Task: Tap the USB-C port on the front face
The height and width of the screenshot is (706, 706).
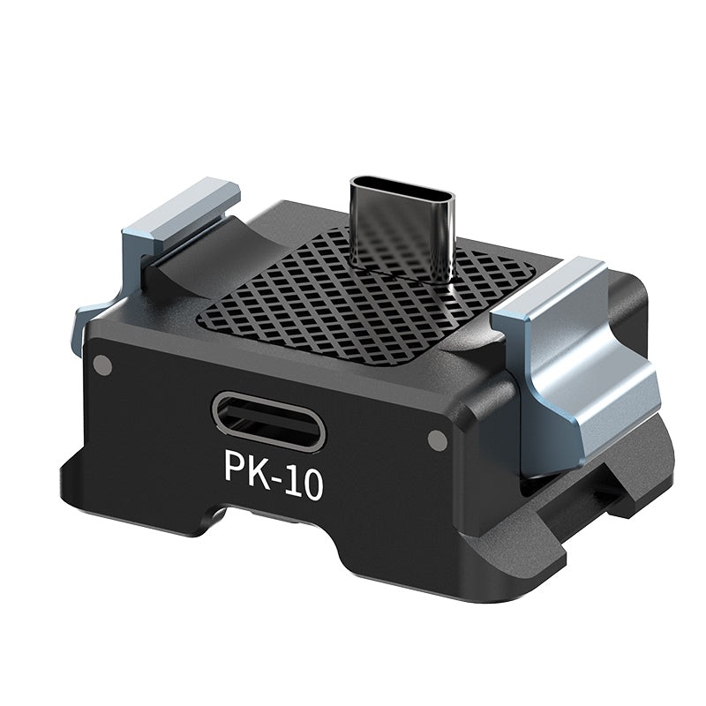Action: (268, 421)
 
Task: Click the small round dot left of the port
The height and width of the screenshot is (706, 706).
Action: (103, 363)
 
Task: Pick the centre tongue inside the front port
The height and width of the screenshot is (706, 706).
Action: (268, 422)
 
